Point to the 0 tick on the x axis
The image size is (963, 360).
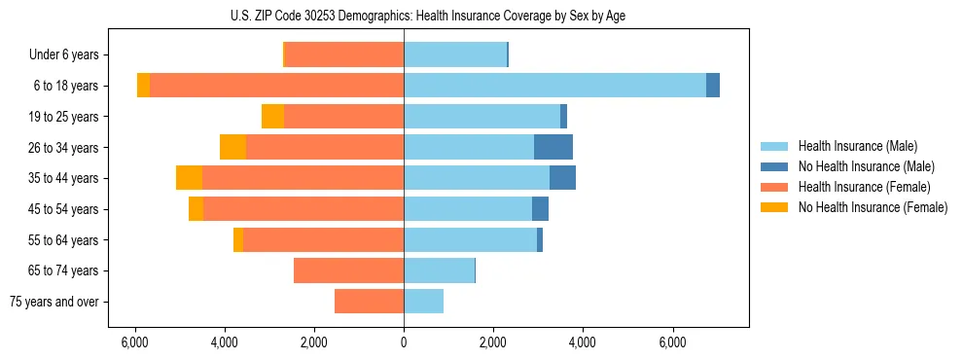pyautogui.click(x=404, y=342)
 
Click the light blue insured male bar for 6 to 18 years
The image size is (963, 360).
pyautogui.click(x=554, y=86)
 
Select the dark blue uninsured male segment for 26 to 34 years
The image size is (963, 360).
pyautogui.click(x=553, y=147)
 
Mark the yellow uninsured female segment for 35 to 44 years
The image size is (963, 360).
pyautogui.click(x=189, y=178)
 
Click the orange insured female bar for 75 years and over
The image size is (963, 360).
pyautogui.click(x=369, y=302)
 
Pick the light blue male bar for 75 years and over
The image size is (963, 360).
pyautogui.click(x=423, y=302)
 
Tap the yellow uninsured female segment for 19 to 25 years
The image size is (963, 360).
pyautogui.click(x=272, y=117)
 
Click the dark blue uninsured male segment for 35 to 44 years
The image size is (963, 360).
pyautogui.click(x=562, y=178)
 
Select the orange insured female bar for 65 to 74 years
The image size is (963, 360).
pyautogui.click(x=348, y=270)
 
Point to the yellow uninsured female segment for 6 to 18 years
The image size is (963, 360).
pyautogui.click(x=143, y=86)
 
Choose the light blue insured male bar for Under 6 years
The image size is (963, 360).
pyautogui.click(x=455, y=54)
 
